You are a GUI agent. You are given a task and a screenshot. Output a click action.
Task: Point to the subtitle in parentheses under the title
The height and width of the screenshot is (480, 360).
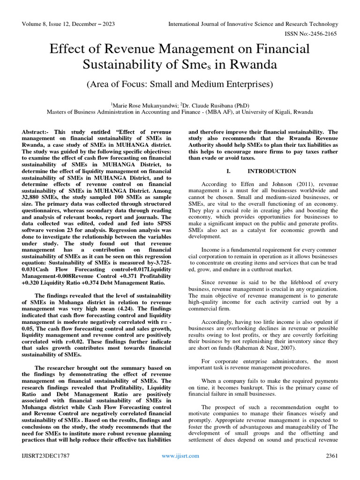tap(180, 84)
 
